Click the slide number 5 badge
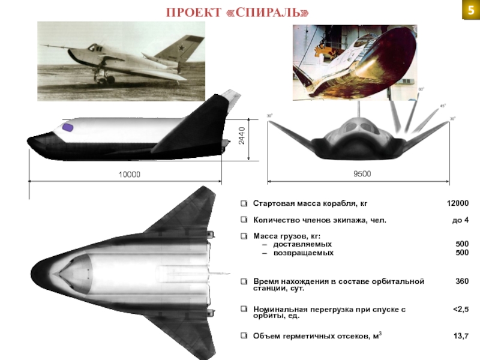click(x=469, y=10)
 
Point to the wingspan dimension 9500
click(x=362, y=174)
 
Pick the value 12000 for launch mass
click(x=457, y=204)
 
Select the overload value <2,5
click(x=460, y=310)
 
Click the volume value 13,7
click(x=461, y=337)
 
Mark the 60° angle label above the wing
click(x=421, y=89)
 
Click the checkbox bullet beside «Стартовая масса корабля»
click(x=244, y=204)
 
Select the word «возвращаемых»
click(x=303, y=253)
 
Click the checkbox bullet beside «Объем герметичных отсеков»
click(x=244, y=337)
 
